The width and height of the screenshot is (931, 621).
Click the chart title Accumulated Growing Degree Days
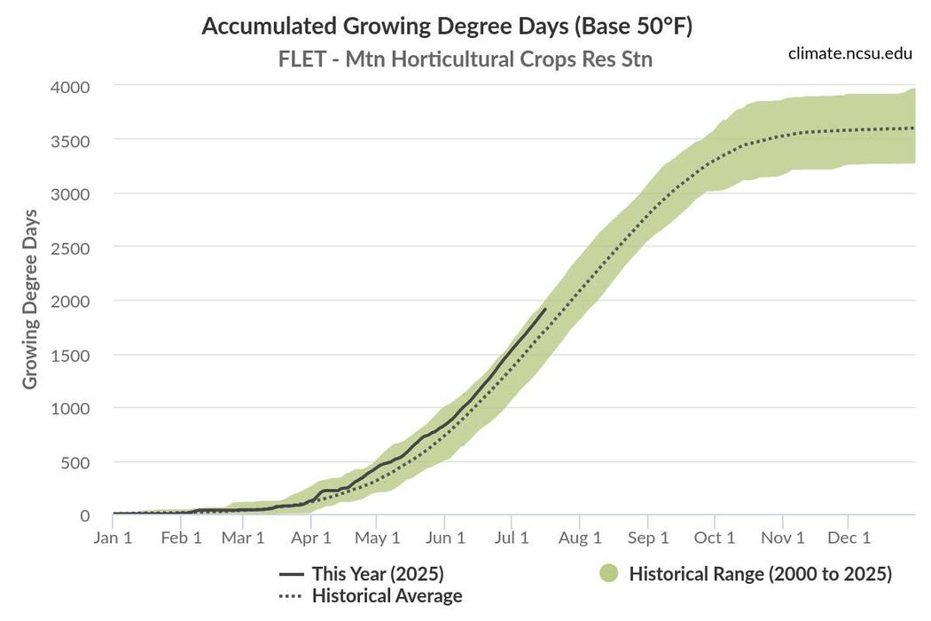[447, 26]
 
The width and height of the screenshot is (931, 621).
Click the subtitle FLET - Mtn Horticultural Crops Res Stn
[465, 59]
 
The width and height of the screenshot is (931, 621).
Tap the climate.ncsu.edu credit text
[849, 53]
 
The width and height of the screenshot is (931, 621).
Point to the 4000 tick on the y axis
[70, 87]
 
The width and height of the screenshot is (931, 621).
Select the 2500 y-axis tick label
[70, 248]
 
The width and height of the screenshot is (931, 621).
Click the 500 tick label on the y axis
[76, 462]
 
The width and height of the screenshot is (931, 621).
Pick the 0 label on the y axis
[85, 515]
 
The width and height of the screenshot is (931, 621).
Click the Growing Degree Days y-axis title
[30, 299]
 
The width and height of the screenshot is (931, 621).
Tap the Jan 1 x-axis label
[113, 538]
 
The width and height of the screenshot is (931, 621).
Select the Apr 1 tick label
[311, 538]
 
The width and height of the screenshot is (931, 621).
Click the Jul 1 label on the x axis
[512, 538]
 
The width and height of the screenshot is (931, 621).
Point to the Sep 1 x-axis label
[648, 538]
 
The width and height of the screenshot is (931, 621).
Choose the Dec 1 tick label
[849, 538]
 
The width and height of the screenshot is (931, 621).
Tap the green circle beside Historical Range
[608, 574]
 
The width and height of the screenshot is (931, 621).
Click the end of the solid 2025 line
[545, 308]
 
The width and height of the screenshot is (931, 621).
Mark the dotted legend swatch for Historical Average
[291, 595]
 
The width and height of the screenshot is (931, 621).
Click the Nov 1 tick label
[782, 538]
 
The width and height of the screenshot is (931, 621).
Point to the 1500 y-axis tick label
[70, 355]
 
